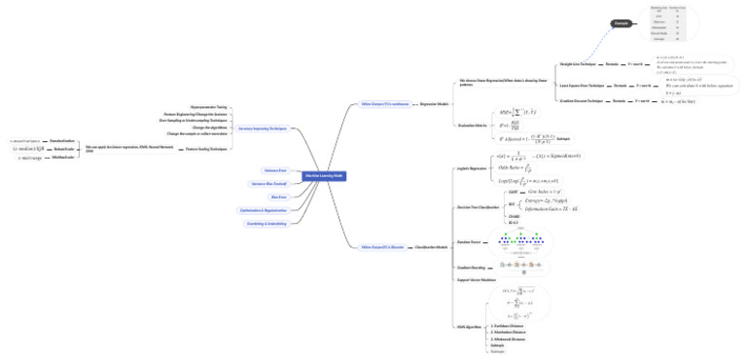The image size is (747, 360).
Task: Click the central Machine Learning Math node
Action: click(325, 176)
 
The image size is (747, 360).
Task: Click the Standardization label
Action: click(62, 139)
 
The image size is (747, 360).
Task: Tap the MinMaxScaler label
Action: click(63, 158)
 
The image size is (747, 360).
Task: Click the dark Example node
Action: click(621, 22)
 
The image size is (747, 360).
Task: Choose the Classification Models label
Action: click(432, 247)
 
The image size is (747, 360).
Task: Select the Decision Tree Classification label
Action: click(479, 207)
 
